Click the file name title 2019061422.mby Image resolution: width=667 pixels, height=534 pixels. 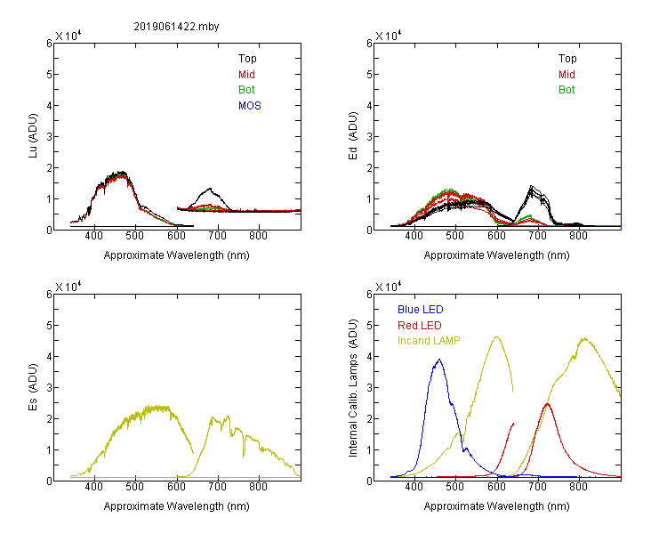pyautogui.click(x=176, y=27)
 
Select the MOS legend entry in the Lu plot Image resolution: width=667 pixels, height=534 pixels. pyautogui.click(x=250, y=106)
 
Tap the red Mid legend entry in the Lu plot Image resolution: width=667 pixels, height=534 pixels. pyautogui.click(x=246, y=75)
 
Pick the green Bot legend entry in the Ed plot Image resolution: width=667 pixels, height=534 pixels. pyautogui.click(x=567, y=90)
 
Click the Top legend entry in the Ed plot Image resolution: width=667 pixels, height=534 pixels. pyautogui.click(x=567, y=59)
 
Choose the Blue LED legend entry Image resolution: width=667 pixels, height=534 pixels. pyautogui.click(x=421, y=310)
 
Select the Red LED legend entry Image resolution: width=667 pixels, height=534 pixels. pyautogui.click(x=420, y=326)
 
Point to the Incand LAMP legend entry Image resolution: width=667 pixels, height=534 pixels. pyautogui.click(x=429, y=341)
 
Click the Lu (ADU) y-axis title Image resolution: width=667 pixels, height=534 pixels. pyautogui.click(x=33, y=135)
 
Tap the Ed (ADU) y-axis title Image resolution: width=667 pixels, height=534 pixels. pyautogui.click(x=353, y=136)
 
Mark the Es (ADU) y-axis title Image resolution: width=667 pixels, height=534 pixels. pyautogui.click(x=33, y=387)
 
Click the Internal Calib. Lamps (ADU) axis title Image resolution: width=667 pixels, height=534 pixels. pyautogui.click(x=353, y=388)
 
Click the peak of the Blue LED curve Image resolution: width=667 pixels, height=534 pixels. pyautogui.click(x=439, y=360)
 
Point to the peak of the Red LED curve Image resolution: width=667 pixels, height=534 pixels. pyautogui.click(x=547, y=403)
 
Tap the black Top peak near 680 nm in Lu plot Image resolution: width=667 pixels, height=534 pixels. pyautogui.click(x=210, y=188)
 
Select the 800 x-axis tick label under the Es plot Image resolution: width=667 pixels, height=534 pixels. pyautogui.click(x=258, y=486)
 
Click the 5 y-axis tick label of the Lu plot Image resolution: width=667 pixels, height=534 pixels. pyautogui.click(x=49, y=75)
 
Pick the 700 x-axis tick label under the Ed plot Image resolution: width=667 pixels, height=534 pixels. pyautogui.click(x=537, y=236)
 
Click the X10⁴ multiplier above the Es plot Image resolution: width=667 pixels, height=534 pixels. pyautogui.click(x=68, y=287)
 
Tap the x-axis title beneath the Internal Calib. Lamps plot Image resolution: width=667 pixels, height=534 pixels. pyautogui.click(x=496, y=506)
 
